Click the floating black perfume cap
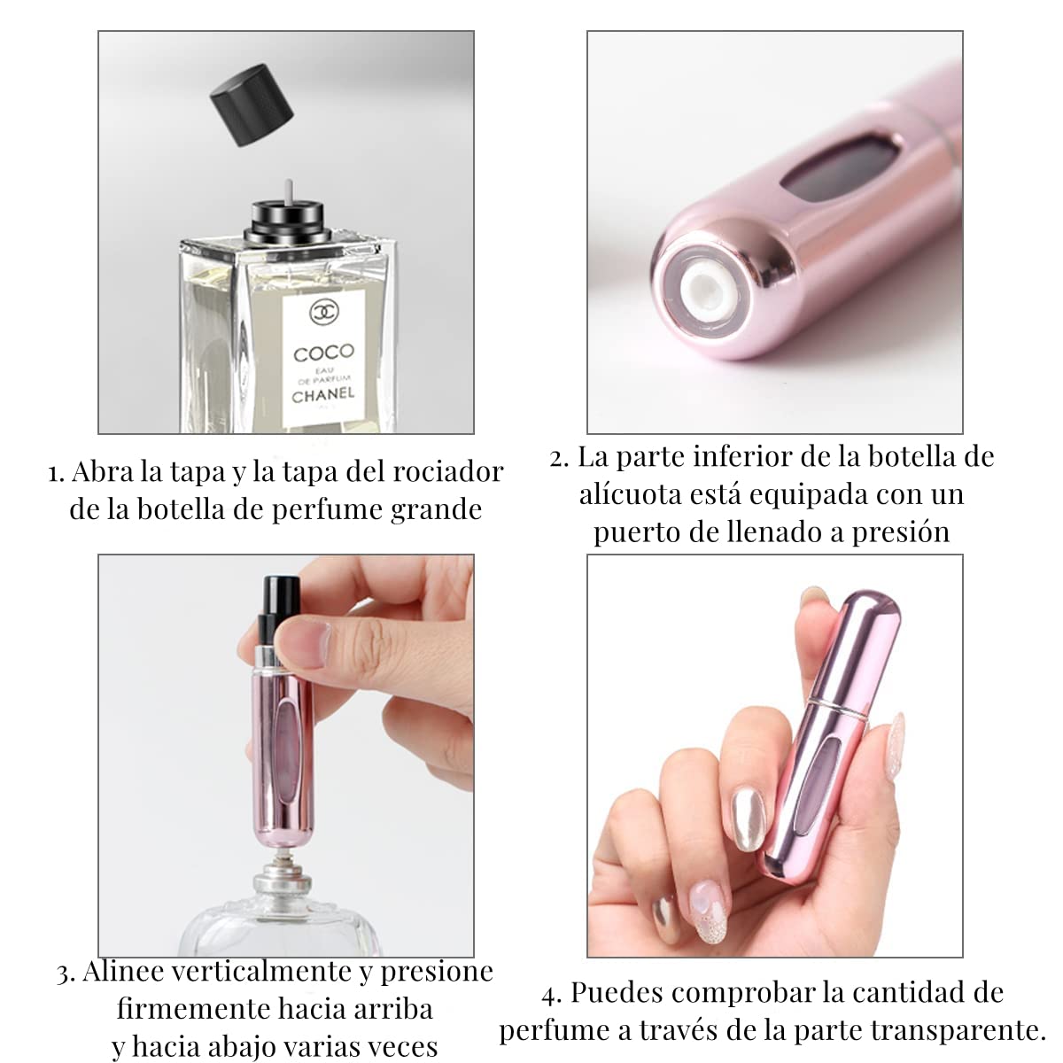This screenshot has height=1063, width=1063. click(252, 105)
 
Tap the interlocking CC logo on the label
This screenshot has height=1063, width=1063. click(324, 312)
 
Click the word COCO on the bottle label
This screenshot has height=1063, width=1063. click(324, 353)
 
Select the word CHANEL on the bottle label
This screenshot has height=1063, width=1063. click(322, 395)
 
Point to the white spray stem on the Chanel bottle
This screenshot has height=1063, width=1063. click(288, 192)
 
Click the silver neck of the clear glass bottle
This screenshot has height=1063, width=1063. click(282, 882)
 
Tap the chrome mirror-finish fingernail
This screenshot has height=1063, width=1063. click(749, 816)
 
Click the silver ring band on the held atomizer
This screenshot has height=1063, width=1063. click(838, 710)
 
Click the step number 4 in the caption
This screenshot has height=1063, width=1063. click(552, 995)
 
